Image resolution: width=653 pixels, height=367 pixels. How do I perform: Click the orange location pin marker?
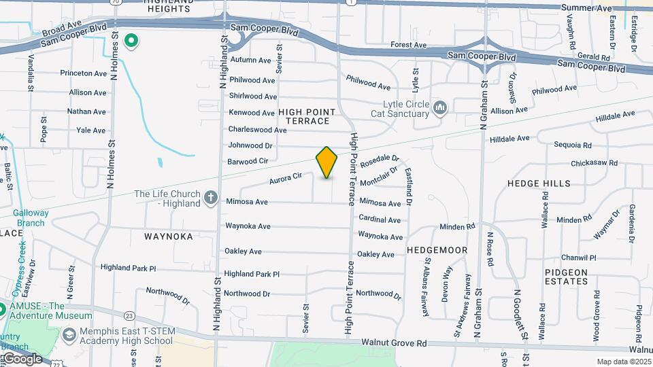tap(326, 162)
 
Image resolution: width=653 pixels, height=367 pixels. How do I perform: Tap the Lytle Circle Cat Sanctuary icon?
tap(439, 107)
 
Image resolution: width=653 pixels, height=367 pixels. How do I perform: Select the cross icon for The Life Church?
tap(211, 198)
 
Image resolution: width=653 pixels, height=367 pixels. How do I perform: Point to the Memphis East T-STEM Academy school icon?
tap(68, 335)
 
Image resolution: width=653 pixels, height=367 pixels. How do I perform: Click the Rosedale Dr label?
tap(379, 162)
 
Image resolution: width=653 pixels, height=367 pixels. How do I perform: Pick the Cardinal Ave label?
tap(380, 220)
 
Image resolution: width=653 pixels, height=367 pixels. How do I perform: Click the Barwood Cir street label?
tap(248, 162)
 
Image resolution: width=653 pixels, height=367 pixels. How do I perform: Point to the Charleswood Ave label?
tap(257, 129)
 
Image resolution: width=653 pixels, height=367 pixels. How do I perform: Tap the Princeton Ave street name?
tap(84, 73)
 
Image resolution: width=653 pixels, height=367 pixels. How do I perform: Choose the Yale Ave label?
tap(90, 130)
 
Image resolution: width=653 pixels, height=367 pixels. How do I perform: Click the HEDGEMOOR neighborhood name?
tap(437, 250)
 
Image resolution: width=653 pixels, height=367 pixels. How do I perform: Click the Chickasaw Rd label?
tap(594, 163)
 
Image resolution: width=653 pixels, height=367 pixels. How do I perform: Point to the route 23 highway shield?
tap(129, 315)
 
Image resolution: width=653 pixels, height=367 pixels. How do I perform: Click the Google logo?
tap(22, 358)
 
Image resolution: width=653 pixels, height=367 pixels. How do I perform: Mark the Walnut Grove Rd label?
tap(394, 344)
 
